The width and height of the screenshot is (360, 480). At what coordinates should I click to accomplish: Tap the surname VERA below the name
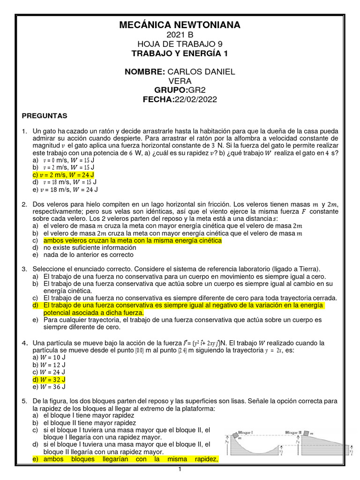click(x=180, y=81)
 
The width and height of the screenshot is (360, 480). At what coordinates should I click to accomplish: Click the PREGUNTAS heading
click(x=45, y=115)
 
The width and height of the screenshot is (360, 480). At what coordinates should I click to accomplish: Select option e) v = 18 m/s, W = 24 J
click(x=66, y=189)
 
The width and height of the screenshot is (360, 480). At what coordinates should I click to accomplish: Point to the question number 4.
click(x=24, y=343)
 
